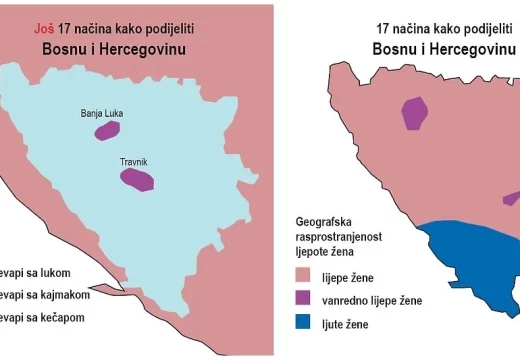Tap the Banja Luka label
pyautogui.click(x=106, y=114)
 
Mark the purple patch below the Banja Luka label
pyautogui.click(x=107, y=130)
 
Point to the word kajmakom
pyautogui.click(x=64, y=294)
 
